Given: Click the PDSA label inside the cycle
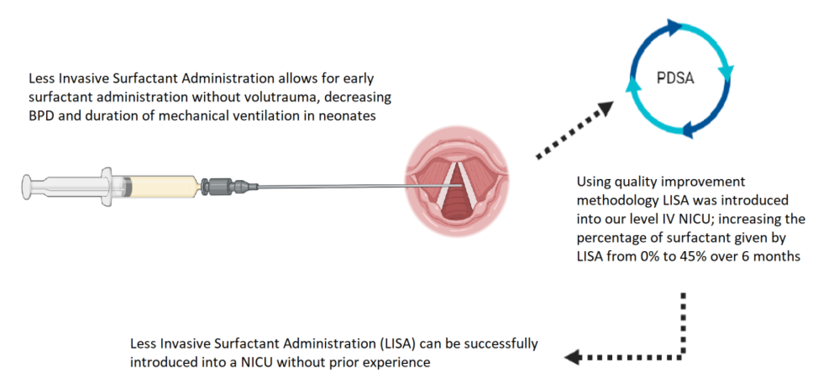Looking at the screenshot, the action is pyautogui.click(x=675, y=78).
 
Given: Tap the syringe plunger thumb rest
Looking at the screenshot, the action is pyautogui.click(x=27, y=187).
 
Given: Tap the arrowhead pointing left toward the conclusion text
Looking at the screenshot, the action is pyautogui.click(x=572, y=357).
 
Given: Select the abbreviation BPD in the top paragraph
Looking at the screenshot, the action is pyautogui.click(x=41, y=116).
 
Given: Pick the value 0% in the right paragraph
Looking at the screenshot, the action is pyautogui.click(x=649, y=257).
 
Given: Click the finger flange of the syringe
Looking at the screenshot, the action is pyautogui.click(x=107, y=187).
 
